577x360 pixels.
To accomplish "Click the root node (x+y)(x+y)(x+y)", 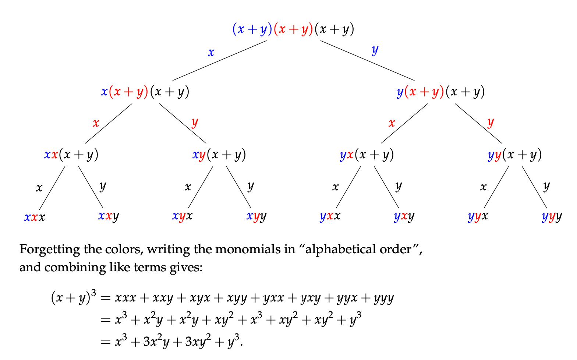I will tap(293, 29).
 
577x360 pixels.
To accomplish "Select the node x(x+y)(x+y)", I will tap(145, 92).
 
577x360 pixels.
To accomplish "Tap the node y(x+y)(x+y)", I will tap(440, 92).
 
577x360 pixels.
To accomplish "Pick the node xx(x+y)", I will tap(71, 155).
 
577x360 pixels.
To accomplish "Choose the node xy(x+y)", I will tap(219, 155).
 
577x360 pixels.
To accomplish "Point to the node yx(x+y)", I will tap(367, 155).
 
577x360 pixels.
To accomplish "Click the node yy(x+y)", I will tap(514, 155).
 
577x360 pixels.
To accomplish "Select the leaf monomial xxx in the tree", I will tap(35, 217).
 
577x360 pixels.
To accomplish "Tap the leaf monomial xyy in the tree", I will tap(256, 216).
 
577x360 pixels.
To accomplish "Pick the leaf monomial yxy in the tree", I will tap(404, 216).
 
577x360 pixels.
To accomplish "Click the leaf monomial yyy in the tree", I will tap(552, 216).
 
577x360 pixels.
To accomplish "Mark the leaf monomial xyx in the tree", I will tap(182, 216).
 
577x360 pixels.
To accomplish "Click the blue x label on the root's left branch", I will tap(211, 53).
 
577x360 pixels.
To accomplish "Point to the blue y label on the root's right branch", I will tap(375, 50).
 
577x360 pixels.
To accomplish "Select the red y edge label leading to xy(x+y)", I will tap(195, 122).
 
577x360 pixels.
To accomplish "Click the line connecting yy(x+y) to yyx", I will tap(496, 188).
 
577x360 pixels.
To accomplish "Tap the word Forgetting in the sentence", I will tap(50, 250).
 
